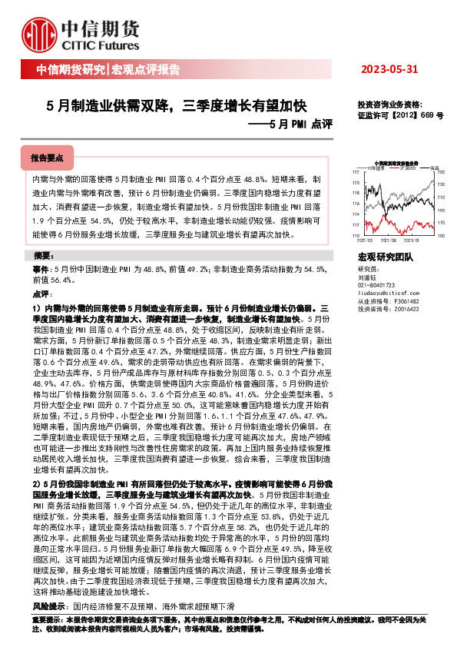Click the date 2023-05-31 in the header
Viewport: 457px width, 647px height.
[x=389, y=70]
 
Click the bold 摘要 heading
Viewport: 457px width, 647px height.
[x=43, y=255]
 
